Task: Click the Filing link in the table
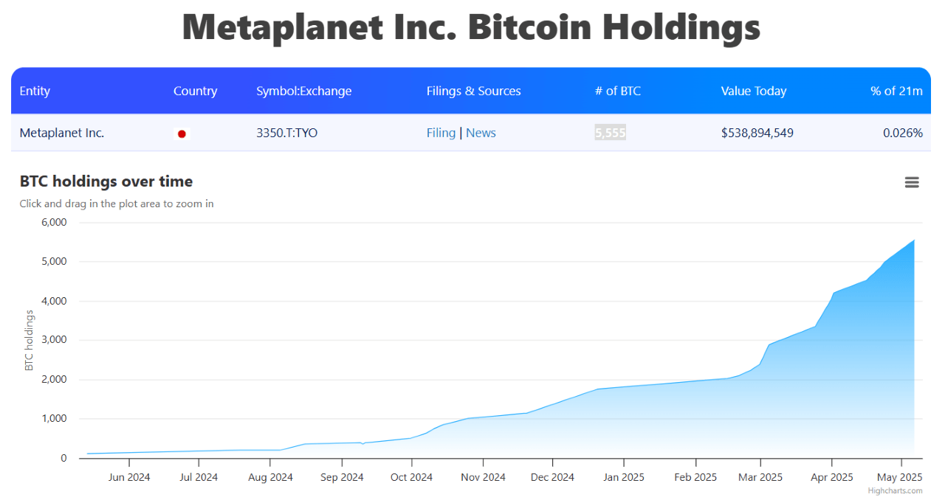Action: point(441,133)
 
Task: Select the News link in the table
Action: point(481,133)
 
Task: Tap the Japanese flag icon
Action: point(182,134)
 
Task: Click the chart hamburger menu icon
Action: point(912,182)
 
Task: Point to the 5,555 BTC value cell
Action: point(610,133)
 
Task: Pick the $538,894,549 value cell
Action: point(757,133)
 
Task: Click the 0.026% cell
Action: point(902,133)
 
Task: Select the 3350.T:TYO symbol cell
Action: point(286,133)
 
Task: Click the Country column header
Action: point(195,91)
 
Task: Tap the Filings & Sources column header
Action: point(473,91)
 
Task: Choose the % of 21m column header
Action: point(896,91)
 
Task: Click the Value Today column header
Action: point(753,91)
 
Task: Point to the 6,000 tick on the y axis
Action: point(52,222)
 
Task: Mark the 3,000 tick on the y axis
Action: point(52,340)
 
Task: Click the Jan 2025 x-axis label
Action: point(623,477)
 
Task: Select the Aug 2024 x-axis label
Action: point(270,477)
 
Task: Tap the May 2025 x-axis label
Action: point(900,477)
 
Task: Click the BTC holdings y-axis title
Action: point(30,340)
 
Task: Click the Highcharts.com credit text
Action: point(895,490)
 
